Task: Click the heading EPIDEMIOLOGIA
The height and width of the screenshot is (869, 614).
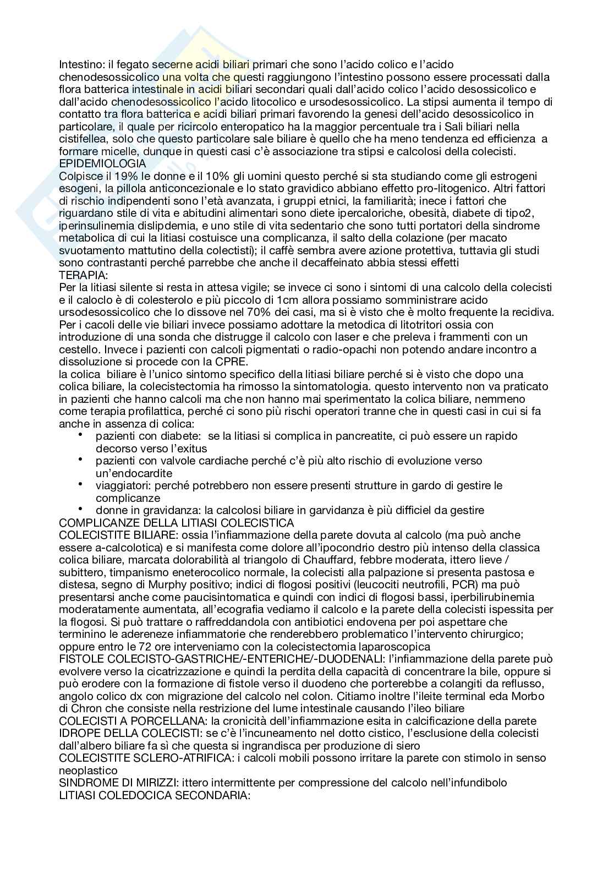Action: [102, 163]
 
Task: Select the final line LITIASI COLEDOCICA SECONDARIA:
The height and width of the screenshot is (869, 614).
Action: [155, 795]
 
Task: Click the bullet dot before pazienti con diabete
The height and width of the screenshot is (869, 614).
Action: [81, 435]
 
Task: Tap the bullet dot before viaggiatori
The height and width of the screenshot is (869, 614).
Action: [81, 484]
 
